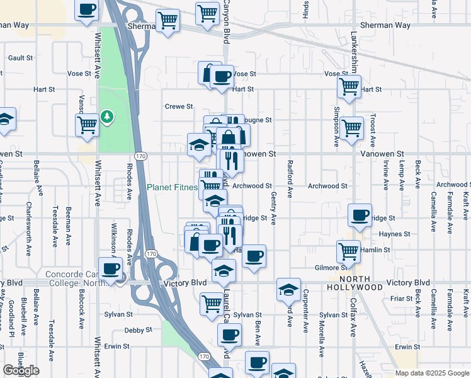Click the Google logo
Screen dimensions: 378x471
pos(21,370)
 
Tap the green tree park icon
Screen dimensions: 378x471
pos(108,117)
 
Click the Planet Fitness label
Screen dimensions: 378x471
pos(171,187)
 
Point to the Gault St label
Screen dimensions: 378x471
pos(21,57)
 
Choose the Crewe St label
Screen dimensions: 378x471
pos(178,106)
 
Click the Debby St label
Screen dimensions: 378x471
pos(138,329)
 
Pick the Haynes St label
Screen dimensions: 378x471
pos(395,234)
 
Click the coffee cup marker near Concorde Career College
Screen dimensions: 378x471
pos(111,268)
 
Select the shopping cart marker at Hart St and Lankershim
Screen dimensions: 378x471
pos(348,86)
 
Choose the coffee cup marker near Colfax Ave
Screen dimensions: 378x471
pos(360,214)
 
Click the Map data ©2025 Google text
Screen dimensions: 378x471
pos(431,373)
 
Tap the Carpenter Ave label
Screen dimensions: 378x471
pos(305,311)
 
